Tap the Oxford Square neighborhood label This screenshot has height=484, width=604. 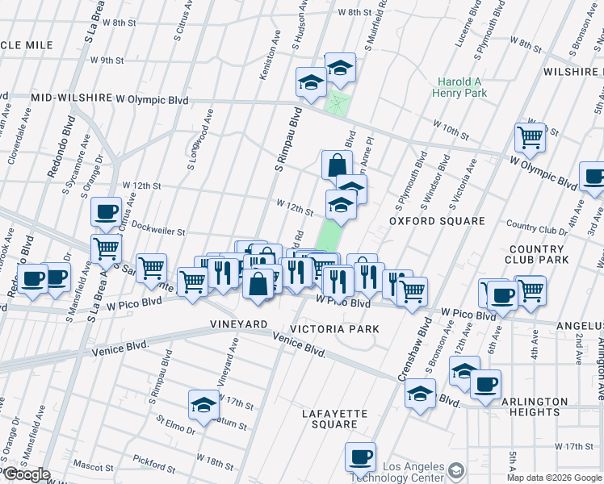tap(437, 221)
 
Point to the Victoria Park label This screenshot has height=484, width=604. tap(334, 329)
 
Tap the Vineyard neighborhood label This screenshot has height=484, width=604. tap(239, 323)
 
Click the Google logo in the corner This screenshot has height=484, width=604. tap(26, 474)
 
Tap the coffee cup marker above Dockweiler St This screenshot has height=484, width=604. tap(106, 211)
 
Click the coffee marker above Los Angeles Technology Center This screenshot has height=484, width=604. tap(361, 457)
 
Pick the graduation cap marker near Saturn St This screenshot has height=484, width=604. tap(204, 405)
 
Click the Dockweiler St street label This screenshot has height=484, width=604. tap(158, 231)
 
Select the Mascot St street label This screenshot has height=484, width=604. tap(94, 466)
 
